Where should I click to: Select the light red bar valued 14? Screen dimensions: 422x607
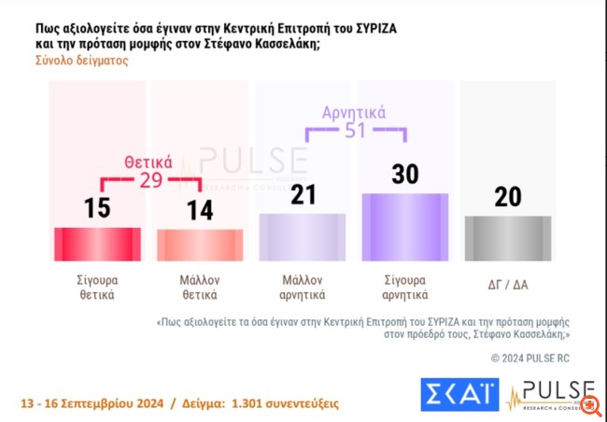[199, 244]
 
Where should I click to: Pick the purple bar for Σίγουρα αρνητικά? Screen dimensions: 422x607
[404, 226]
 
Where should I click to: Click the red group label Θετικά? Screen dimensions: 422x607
[148, 160]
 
